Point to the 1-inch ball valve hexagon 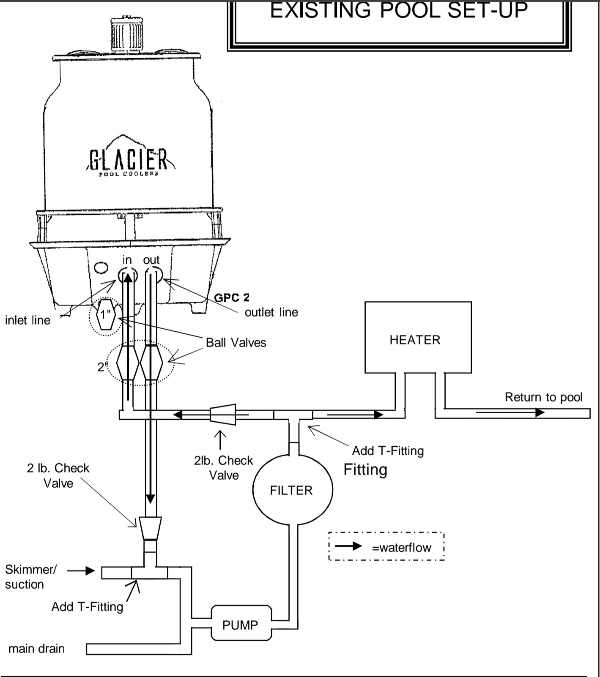tap(105, 314)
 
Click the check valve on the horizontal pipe tap(222, 415)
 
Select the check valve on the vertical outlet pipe tap(150, 528)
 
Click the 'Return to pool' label tap(543, 397)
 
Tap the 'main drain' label tap(36, 648)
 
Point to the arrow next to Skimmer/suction tap(81, 571)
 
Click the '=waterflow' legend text tap(401, 547)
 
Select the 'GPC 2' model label tap(232, 298)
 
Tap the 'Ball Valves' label tap(236, 342)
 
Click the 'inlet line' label tap(27, 320)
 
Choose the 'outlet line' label tap(271, 312)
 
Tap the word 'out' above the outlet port tap(151, 259)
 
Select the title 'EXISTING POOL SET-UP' tap(399, 10)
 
